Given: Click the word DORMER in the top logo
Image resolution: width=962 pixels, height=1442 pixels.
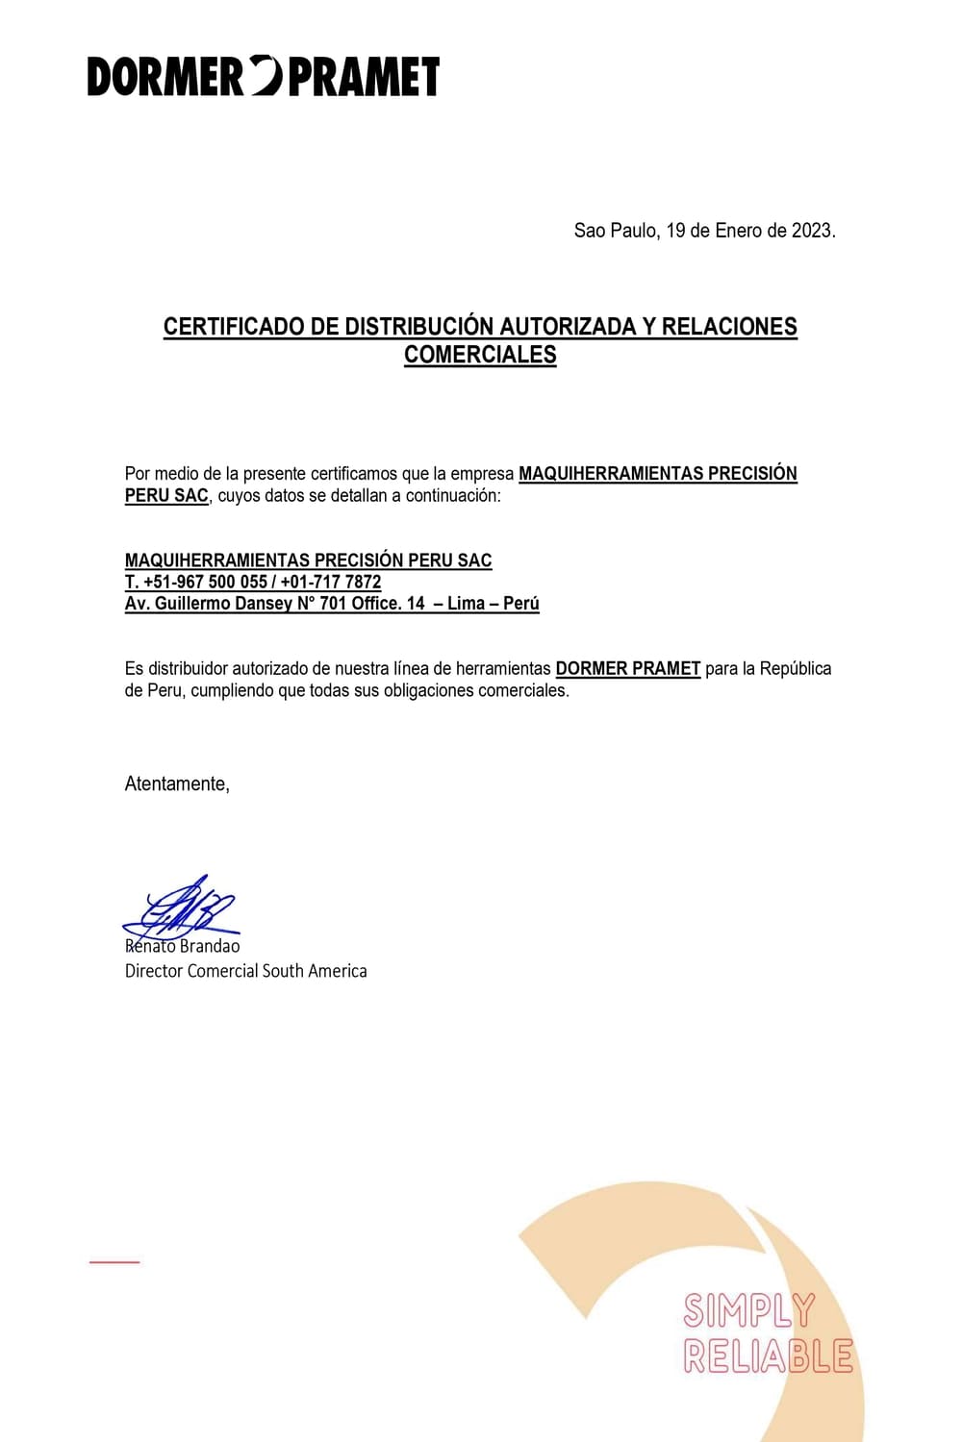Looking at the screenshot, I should coord(165,77).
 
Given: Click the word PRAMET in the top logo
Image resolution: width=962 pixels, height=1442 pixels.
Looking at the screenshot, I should coord(364,77).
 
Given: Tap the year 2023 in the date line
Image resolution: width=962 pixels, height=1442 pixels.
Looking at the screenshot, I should coord(812,231).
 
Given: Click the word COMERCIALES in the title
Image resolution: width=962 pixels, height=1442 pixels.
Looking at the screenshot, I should coord(480,355).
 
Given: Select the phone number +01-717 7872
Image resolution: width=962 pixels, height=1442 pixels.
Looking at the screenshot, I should coord(331,582).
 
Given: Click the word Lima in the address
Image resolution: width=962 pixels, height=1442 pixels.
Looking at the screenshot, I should coord(466,604).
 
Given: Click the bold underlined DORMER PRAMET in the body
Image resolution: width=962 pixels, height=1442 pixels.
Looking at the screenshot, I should coord(627,668).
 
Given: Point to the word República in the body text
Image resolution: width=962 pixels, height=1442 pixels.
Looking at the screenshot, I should coord(796,668).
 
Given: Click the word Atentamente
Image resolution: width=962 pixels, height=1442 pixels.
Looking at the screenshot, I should coord(177,784).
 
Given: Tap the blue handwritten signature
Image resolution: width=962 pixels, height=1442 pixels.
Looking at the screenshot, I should coord(183,908).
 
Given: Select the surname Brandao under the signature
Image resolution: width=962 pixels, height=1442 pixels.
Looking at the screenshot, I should coord(210,946).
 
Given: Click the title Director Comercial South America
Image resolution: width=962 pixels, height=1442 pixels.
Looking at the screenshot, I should coord(245,971).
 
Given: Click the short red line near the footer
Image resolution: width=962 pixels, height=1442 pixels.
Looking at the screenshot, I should coord(114,1261).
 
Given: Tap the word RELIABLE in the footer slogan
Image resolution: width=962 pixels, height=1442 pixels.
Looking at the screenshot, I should coord(768,1356).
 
